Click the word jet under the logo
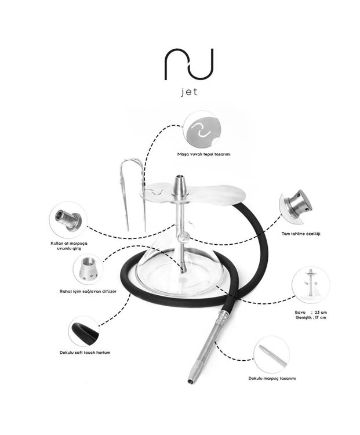tap(190, 92)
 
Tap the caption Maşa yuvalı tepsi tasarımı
tap(203, 154)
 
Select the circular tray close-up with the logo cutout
tap(203, 130)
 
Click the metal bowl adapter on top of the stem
tap(180, 186)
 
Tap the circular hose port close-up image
tap(68, 220)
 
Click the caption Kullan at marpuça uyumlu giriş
tap(69, 246)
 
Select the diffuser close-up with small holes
tap(88, 269)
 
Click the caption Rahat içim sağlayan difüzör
tap(88, 291)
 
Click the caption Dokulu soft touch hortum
tap(85, 353)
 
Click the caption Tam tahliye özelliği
tap(301, 234)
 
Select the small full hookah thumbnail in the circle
tap(311, 285)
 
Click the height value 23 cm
tap(321, 313)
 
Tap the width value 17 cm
tap(321, 317)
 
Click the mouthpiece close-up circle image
tap(272, 355)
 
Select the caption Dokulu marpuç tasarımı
tap(272, 378)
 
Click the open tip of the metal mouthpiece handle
tap(190, 382)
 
